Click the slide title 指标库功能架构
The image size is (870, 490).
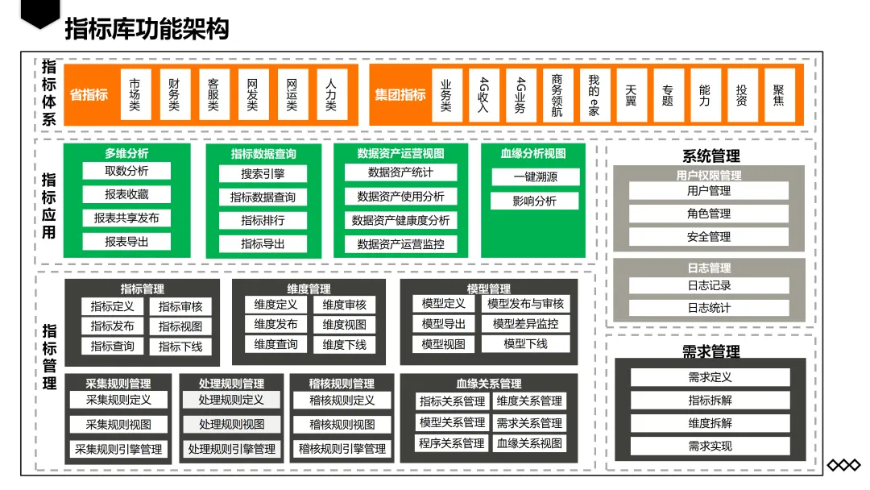click(x=146, y=29)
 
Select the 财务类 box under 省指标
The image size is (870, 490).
click(x=174, y=95)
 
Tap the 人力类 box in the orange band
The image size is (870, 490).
click(x=331, y=95)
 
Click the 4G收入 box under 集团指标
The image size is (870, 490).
click(x=483, y=95)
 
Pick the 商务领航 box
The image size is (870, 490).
click(x=557, y=95)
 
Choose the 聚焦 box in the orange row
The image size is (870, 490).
click(x=779, y=95)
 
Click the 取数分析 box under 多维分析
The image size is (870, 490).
click(x=126, y=171)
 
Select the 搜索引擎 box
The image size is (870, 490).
click(x=263, y=173)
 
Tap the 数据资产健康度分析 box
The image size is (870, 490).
click(x=400, y=220)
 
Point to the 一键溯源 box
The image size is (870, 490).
click(x=535, y=177)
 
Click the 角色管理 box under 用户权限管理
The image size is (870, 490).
click(x=709, y=214)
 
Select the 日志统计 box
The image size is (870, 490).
click(x=709, y=307)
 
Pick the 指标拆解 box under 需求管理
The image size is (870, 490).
click(x=710, y=400)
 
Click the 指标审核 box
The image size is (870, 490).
click(x=180, y=306)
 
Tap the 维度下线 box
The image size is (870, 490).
click(x=344, y=345)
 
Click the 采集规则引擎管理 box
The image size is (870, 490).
click(x=118, y=449)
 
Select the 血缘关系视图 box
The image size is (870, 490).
click(x=529, y=443)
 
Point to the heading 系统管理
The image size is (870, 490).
click(x=710, y=156)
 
